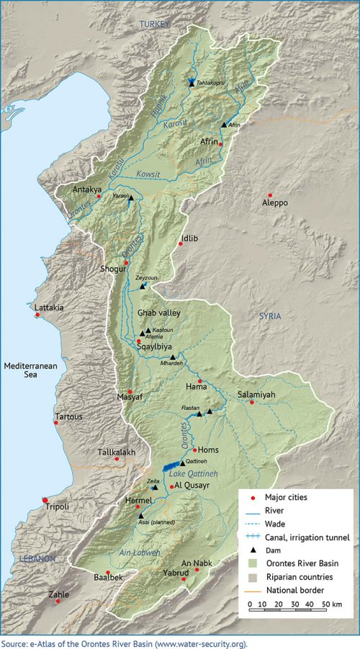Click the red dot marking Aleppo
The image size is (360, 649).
pos(270,195)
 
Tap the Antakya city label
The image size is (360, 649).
pos(88,190)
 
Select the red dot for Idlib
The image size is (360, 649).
pos(180,244)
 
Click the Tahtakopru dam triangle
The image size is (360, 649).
pos(192,84)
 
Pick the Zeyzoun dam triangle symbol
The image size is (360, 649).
pos(143,286)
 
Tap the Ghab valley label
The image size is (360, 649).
pos(158,313)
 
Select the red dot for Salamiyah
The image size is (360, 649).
pos(251,402)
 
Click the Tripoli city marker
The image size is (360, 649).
pos(45,500)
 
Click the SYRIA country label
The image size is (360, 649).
pos(271,317)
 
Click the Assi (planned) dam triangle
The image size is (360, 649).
pos(140,516)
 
